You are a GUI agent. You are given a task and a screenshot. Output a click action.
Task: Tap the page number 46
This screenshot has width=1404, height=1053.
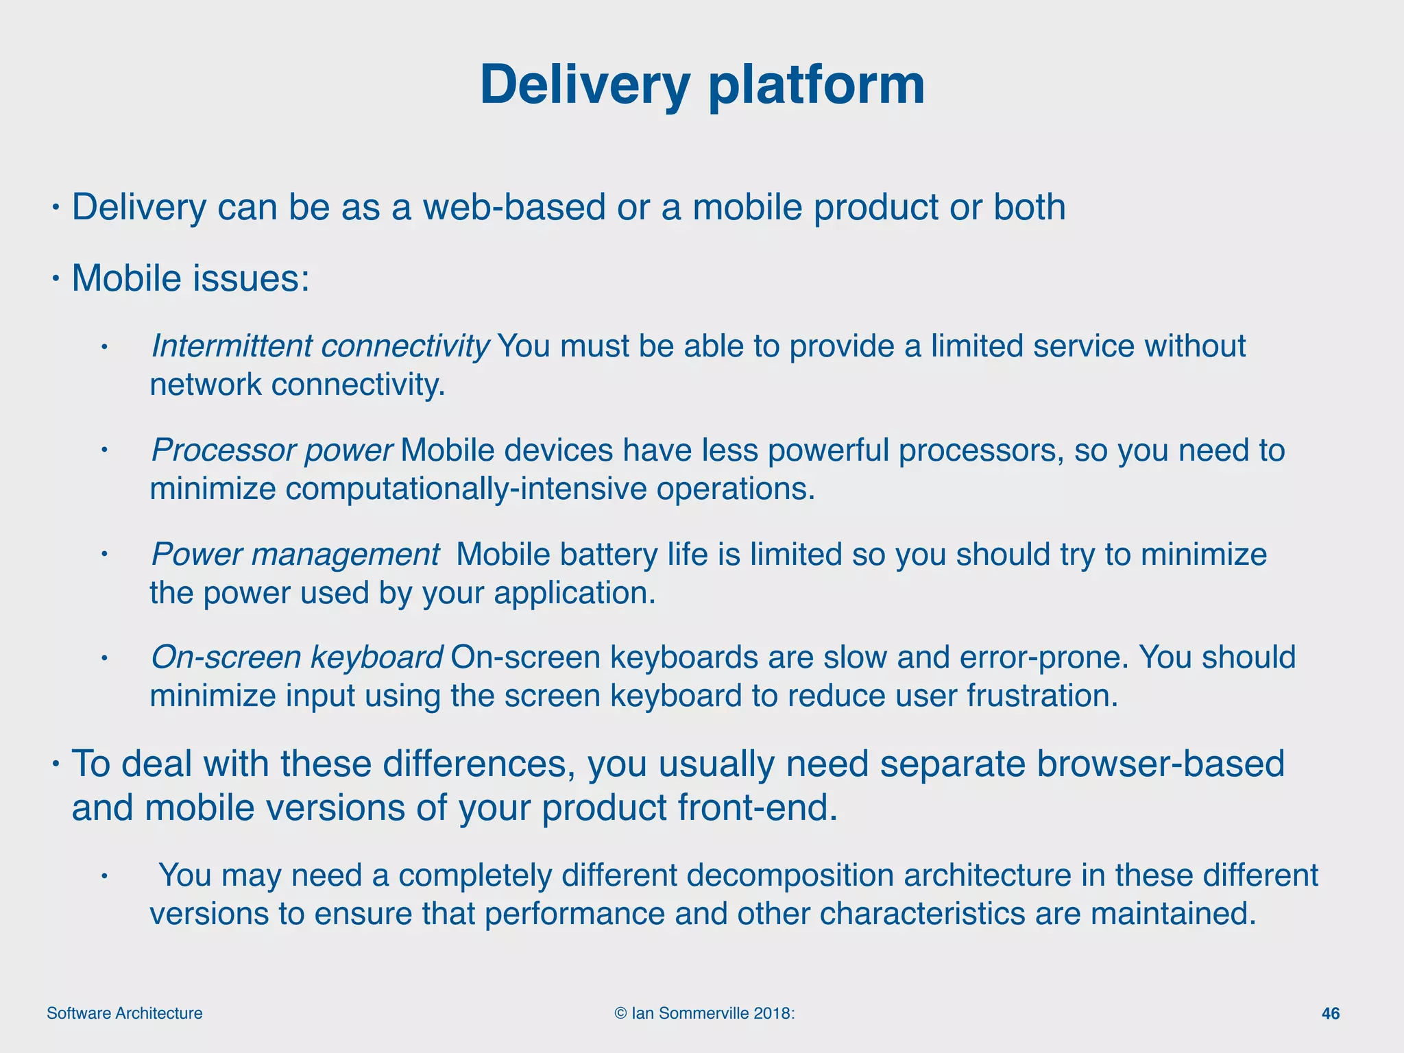point(1330,1013)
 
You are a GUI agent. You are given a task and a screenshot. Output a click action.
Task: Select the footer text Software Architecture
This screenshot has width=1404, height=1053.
point(125,1013)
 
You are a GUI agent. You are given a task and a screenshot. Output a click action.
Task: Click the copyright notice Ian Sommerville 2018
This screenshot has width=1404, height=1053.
point(705,1013)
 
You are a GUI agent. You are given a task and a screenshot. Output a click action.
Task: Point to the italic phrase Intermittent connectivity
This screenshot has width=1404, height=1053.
point(319,346)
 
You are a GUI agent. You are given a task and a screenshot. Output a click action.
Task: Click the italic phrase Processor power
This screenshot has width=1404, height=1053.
point(271,450)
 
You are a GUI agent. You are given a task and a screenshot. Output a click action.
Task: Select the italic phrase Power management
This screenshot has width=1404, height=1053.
point(295,554)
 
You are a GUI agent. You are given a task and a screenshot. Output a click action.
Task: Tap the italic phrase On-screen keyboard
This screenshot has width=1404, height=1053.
point(297,657)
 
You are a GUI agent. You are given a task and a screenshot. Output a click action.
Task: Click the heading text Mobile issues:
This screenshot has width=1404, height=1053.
point(191,278)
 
